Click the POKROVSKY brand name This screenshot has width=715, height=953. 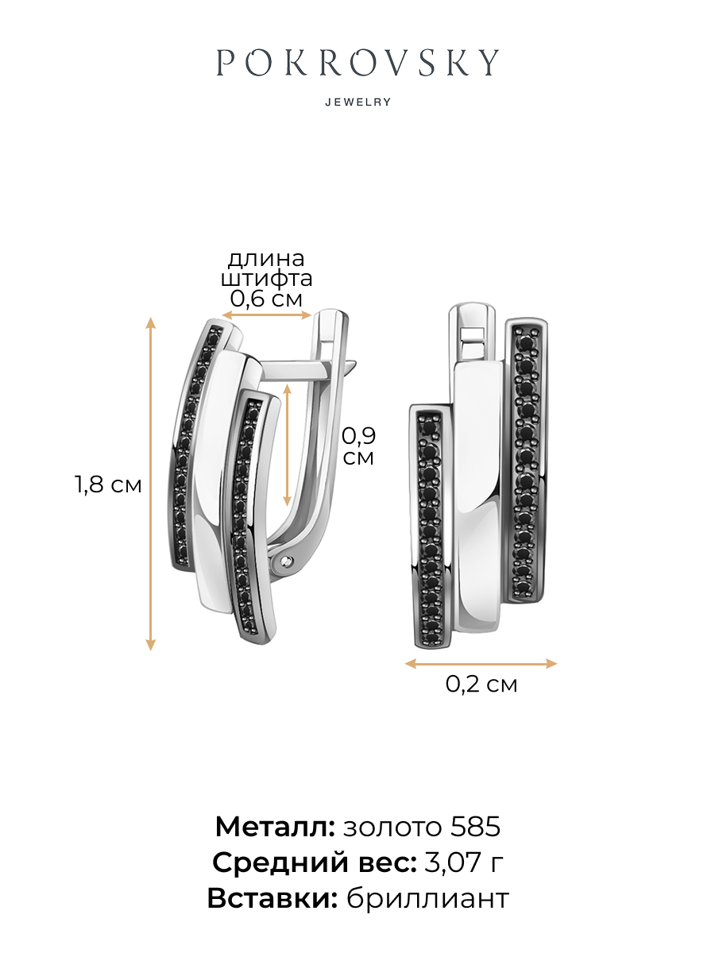pyautogui.click(x=357, y=63)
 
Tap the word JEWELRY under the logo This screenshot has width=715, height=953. pyautogui.click(x=358, y=102)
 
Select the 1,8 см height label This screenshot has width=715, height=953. pyautogui.click(x=109, y=484)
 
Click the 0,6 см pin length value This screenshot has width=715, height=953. pyautogui.click(x=266, y=299)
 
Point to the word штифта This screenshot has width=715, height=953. pyautogui.click(x=267, y=279)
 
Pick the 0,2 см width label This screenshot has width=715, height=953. pyautogui.click(x=481, y=684)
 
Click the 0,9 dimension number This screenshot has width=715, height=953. pyautogui.click(x=358, y=435)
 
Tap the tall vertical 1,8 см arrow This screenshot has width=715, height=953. pyautogui.click(x=150, y=484)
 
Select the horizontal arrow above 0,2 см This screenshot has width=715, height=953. pyautogui.click(x=481, y=663)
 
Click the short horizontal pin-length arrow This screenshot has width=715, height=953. pyautogui.click(x=267, y=315)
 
